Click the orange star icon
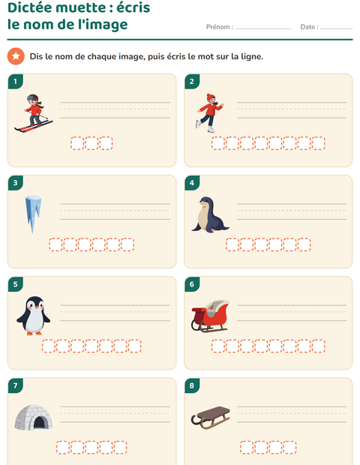16,56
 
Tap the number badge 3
16,183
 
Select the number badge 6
192,284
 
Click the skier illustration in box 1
34,113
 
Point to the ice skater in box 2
210,113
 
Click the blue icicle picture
33,214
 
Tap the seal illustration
210,214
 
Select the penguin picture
34,316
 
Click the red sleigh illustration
211,316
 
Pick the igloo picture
34,418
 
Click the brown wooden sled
210,418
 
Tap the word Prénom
218,27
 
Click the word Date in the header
307,27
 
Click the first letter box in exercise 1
77,143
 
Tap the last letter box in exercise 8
289,448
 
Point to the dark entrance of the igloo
39,422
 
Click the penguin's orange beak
32,308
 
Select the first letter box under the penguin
49,346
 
